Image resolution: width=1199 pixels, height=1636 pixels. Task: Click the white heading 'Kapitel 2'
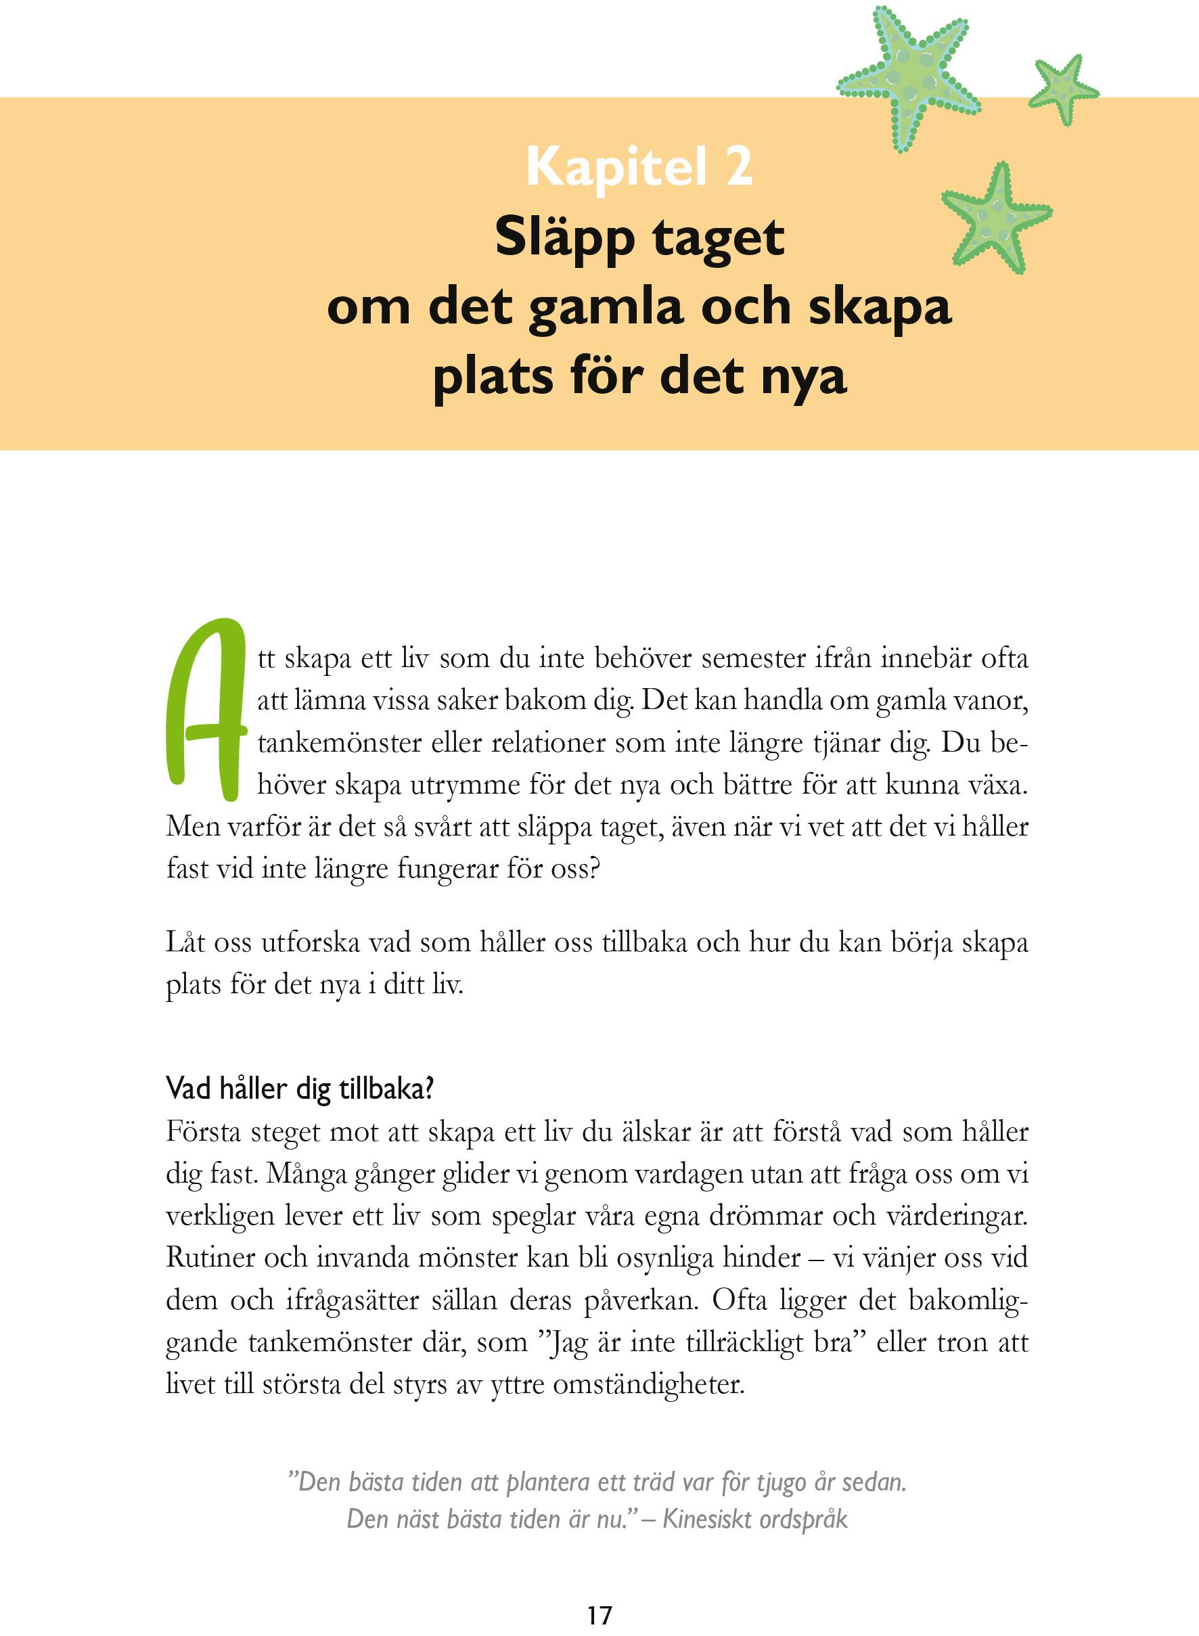click(x=639, y=168)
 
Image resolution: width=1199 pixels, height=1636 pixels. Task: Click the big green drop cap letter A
click(x=206, y=710)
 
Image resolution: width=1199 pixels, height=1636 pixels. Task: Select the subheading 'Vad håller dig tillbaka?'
click(x=300, y=1089)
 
